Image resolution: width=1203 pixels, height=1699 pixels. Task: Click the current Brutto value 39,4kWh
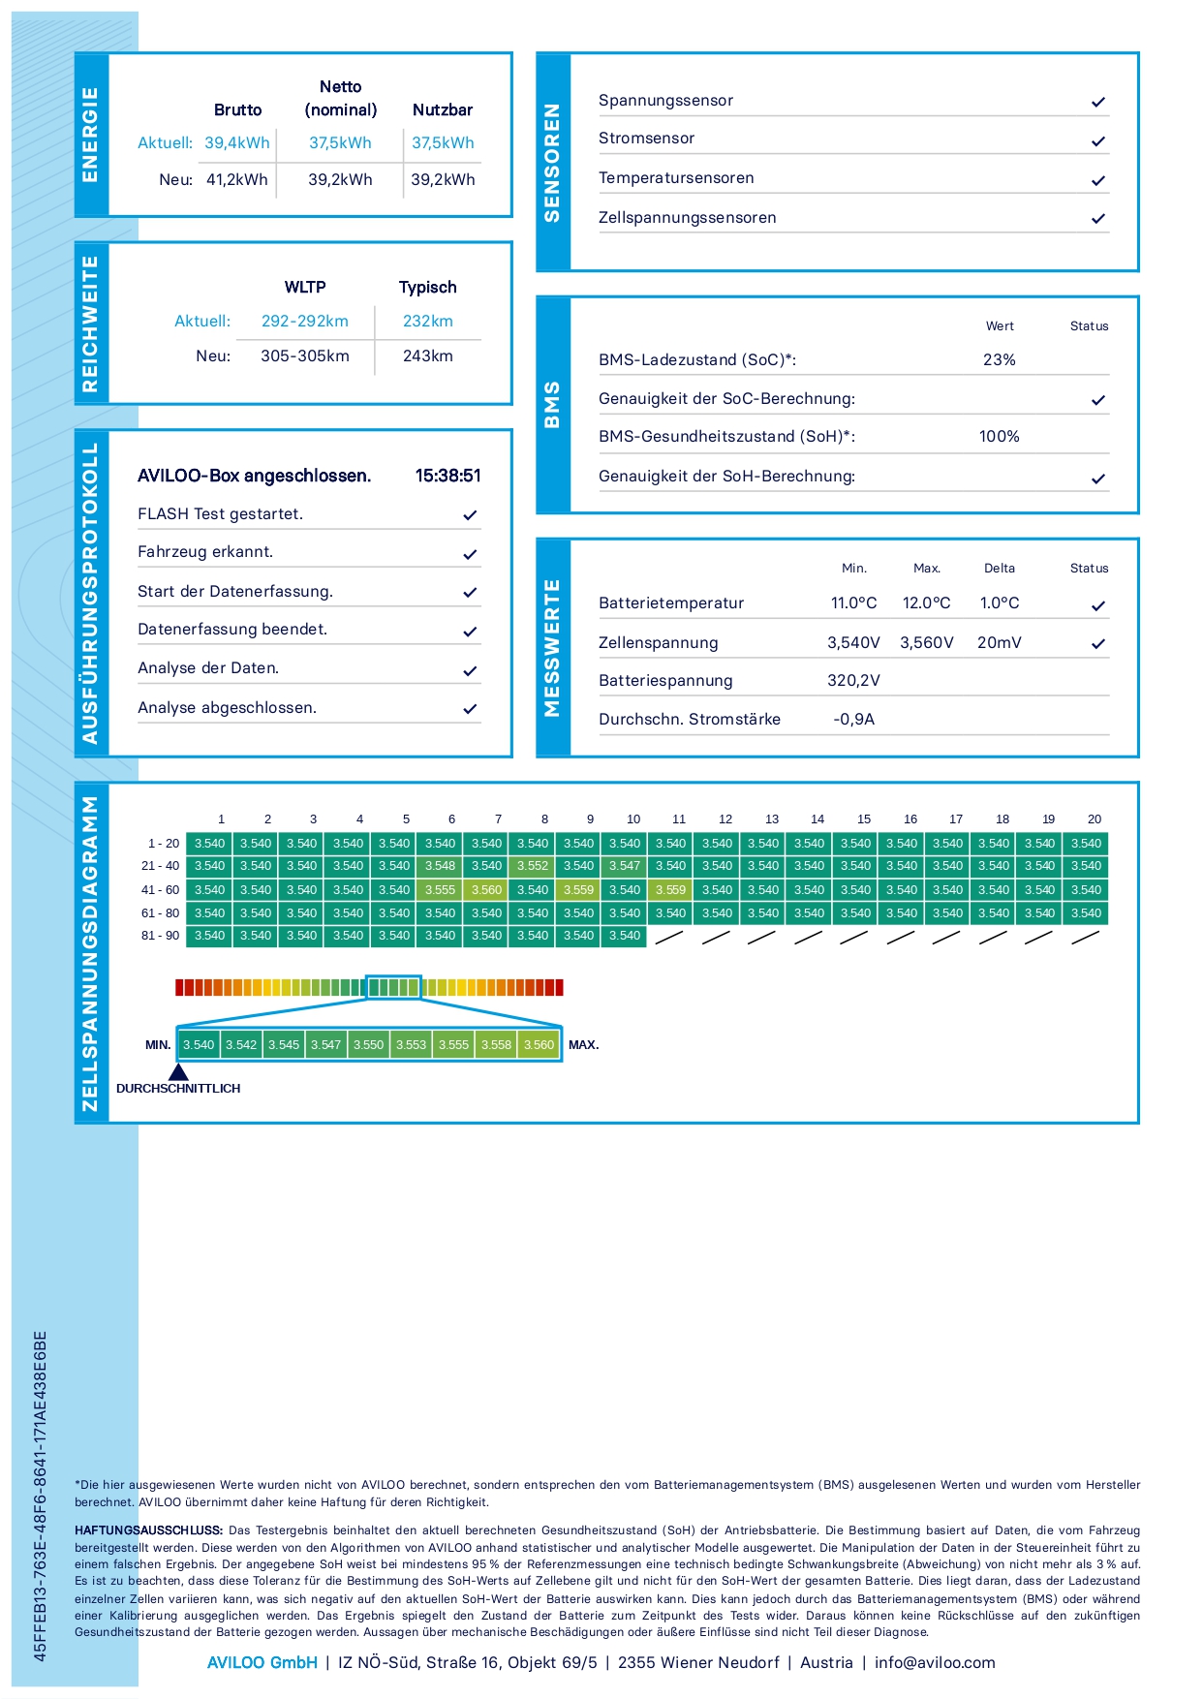tap(236, 143)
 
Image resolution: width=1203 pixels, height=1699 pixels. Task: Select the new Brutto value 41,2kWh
tap(236, 180)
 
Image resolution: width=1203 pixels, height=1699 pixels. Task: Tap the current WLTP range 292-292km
tap(304, 322)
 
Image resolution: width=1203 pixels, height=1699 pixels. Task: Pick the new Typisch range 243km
tap(427, 356)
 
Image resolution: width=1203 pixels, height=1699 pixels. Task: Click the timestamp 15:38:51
tap(447, 476)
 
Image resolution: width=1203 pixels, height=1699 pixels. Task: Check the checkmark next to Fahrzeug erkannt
tap(470, 554)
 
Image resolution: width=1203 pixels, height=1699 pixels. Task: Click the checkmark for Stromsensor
tap(1097, 141)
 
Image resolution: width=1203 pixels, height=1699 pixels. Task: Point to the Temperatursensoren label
tap(675, 178)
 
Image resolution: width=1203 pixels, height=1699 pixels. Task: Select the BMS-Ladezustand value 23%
tap(999, 360)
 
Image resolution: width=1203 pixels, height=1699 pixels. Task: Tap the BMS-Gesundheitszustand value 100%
tap(999, 437)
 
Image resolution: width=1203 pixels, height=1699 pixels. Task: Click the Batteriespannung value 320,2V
tap(853, 681)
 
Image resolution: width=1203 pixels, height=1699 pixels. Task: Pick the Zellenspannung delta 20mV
tap(999, 643)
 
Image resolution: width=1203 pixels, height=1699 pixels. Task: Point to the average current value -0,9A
tap(853, 720)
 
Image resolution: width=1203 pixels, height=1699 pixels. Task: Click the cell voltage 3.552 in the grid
tap(532, 866)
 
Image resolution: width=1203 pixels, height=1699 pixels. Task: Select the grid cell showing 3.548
tap(440, 866)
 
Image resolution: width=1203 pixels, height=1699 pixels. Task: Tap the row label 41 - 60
tap(160, 890)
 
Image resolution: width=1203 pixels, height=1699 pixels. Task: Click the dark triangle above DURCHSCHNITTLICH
tap(178, 1072)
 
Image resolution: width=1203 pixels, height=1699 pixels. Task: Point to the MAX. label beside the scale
tap(583, 1045)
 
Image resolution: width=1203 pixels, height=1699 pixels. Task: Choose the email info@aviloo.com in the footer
tap(934, 1663)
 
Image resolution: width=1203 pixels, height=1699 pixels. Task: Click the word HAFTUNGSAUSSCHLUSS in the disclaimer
tap(148, 1530)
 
